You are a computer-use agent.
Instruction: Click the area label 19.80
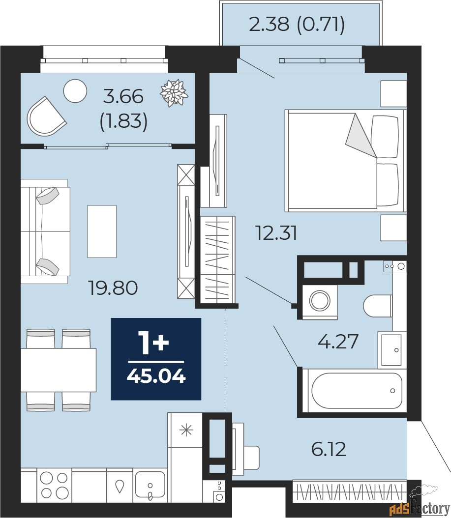point(113,288)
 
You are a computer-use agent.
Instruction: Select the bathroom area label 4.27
point(338,341)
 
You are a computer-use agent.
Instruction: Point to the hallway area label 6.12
point(329,449)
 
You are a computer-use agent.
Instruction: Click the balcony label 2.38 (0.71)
point(297,24)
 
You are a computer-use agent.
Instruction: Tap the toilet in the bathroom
point(378,306)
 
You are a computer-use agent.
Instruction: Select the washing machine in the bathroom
point(320,301)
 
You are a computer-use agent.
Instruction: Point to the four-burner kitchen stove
point(54,485)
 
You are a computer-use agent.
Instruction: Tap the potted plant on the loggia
point(174,92)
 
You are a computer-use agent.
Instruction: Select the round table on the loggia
point(75,91)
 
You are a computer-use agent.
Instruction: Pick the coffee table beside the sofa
point(102,231)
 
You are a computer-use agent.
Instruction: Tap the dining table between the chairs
point(59,370)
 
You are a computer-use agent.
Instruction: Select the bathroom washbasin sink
point(391,350)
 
